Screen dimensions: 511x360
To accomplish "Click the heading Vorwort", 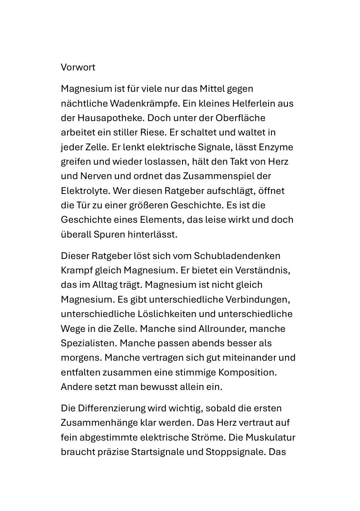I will click(x=78, y=67).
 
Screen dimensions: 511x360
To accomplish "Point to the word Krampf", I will click(x=75, y=270).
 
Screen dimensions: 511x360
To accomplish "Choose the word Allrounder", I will click(x=225, y=329).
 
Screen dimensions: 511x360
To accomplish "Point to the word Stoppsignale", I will click(x=235, y=451).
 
